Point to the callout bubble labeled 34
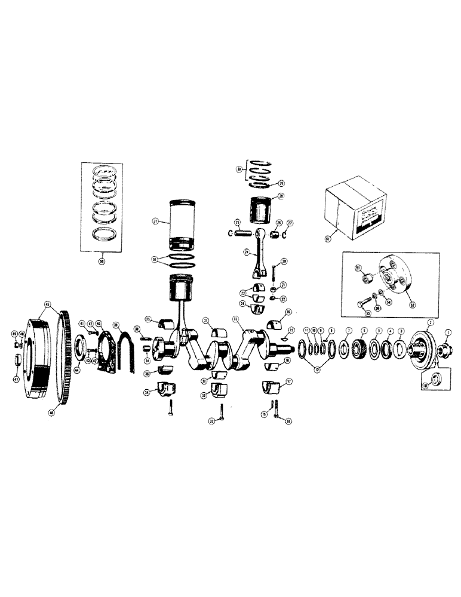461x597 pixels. click(x=146, y=392)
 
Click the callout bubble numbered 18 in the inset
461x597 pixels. click(x=425, y=387)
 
